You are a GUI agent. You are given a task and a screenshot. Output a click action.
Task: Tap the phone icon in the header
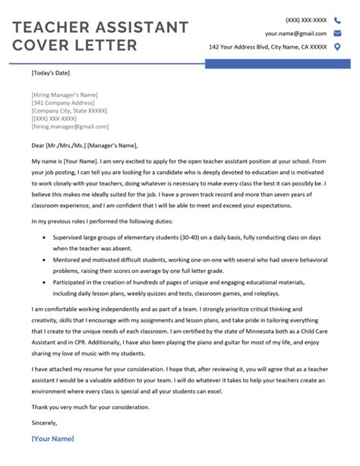pyautogui.click(x=337, y=21)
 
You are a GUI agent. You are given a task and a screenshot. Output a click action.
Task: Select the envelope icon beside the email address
pyautogui.click(x=337, y=33)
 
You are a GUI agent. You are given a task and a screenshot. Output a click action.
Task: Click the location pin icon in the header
pyautogui.click(x=337, y=47)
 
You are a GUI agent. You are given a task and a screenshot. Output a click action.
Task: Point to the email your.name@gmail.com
pyautogui.click(x=295, y=33)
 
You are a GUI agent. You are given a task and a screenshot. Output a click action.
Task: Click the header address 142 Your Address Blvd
pyautogui.click(x=268, y=47)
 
